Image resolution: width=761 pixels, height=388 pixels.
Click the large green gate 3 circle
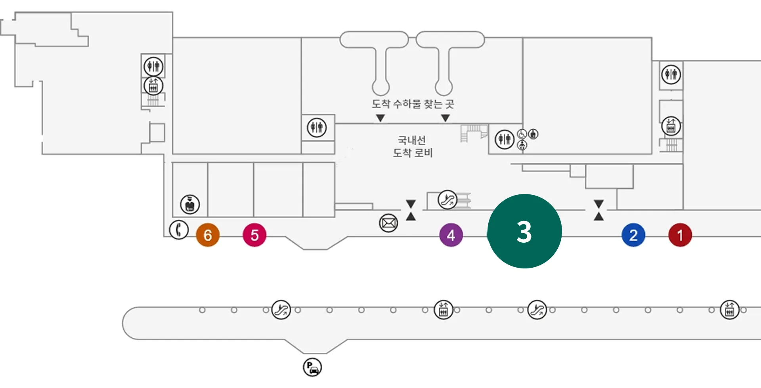[x=524, y=231]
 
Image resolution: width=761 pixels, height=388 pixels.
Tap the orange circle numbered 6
[x=208, y=235]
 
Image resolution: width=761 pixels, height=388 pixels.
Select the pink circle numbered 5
[x=254, y=235]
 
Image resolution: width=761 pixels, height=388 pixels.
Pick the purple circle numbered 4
[x=451, y=235]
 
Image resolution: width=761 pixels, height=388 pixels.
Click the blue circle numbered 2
[x=633, y=235]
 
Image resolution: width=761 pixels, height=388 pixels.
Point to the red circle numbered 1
[x=680, y=235]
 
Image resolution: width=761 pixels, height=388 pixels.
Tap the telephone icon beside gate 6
[x=179, y=230]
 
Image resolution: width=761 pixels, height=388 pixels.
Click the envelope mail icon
[x=388, y=223]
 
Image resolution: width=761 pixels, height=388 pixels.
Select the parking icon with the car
[x=312, y=367]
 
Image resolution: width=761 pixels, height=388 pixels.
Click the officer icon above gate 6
[x=190, y=204]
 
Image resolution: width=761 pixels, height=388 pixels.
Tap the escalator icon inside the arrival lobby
[x=447, y=200]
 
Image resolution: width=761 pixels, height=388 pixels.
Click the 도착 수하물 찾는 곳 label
[x=413, y=104]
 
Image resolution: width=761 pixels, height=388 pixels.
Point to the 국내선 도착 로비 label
[x=413, y=146]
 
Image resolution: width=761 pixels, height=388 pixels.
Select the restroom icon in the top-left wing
[x=153, y=66]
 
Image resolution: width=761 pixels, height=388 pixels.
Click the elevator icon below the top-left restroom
[x=153, y=86]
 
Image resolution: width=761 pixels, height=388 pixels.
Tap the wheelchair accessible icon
[x=522, y=134]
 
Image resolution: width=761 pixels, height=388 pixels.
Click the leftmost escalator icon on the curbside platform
[x=281, y=310]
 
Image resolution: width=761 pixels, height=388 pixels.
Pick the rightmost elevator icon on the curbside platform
[x=729, y=310]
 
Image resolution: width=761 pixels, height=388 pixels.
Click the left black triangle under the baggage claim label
[x=380, y=118]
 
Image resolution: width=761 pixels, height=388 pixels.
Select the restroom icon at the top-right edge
[x=671, y=74]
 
